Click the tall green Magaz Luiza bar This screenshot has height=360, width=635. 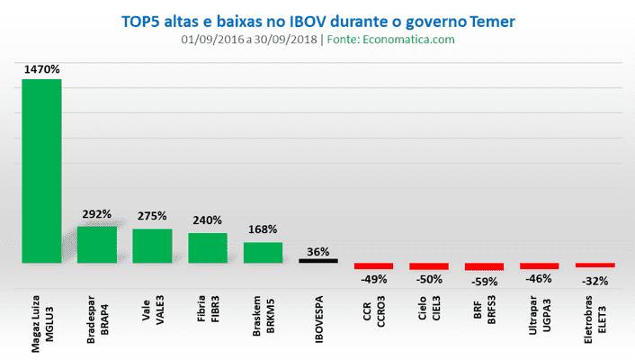click(x=41, y=171)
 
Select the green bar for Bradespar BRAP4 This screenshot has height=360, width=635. click(x=97, y=245)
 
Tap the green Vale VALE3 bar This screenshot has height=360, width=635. click(x=152, y=246)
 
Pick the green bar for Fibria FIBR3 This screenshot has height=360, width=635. click(x=208, y=248)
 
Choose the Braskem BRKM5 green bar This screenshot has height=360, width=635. click(x=263, y=253)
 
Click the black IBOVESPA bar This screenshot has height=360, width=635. click(x=318, y=261)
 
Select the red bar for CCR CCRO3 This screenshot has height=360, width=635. click(x=373, y=266)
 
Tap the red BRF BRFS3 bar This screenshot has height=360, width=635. click(x=484, y=267)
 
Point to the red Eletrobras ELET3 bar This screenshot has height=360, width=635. click(x=595, y=265)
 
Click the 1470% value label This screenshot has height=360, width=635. click(x=41, y=68)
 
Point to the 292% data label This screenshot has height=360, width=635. click(x=97, y=215)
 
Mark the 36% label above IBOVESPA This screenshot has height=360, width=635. click(x=318, y=251)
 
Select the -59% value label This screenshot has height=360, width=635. click(x=484, y=280)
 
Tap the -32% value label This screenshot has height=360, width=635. click(x=595, y=280)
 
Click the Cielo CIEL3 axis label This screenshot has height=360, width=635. click(x=429, y=310)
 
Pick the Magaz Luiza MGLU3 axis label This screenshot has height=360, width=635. click(x=41, y=319)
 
